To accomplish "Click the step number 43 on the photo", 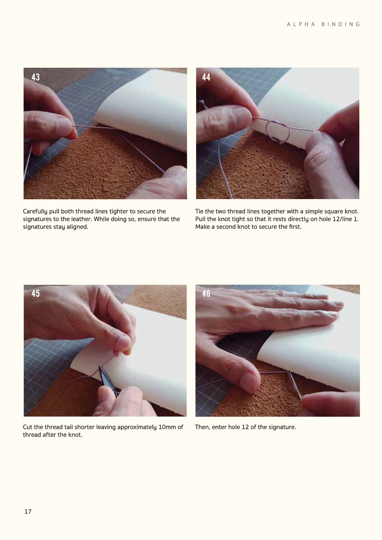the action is tap(36, 77).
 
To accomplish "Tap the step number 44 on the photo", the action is tap(206, 77).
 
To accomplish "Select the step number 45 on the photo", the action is tap(36, 293).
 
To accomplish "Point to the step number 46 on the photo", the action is tap(206, 293).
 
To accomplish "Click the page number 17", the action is tap(28, 511).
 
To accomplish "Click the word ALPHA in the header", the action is tap(301, 24).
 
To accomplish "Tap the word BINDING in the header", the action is tap(341, 24).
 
